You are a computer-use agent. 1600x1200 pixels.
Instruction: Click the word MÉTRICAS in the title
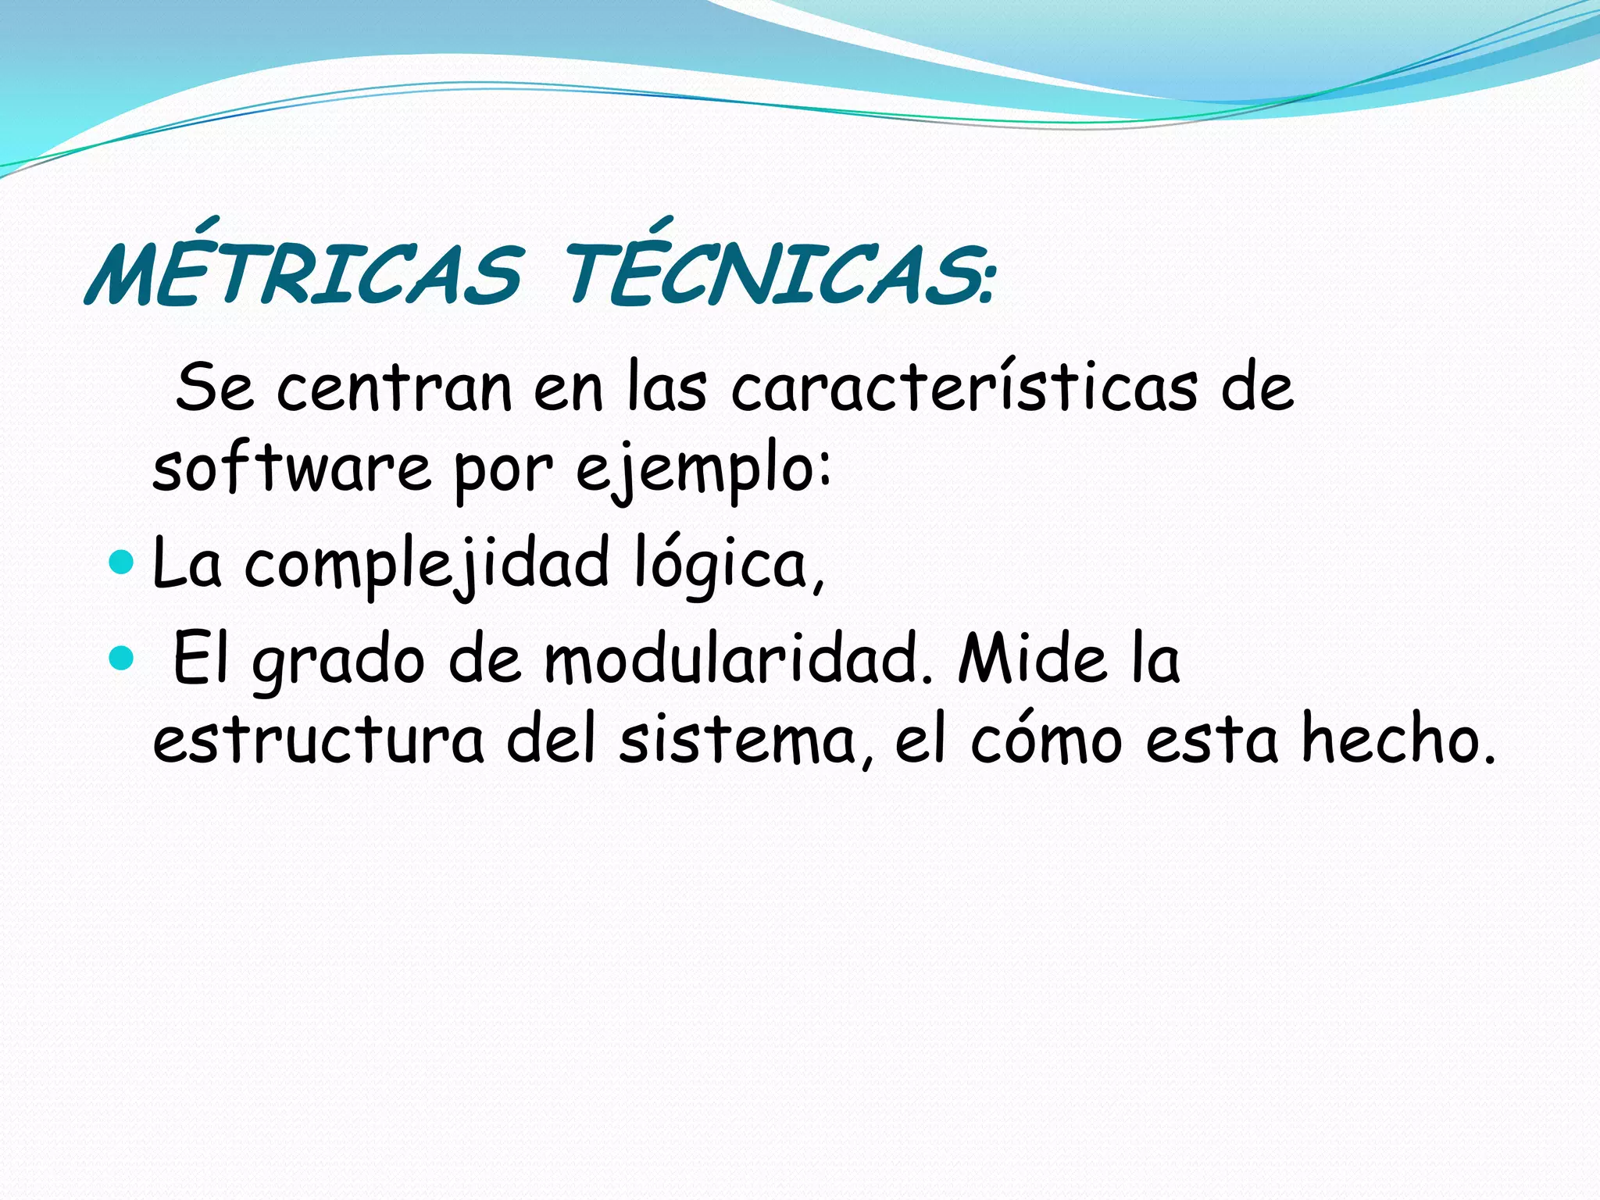tap(305, 273)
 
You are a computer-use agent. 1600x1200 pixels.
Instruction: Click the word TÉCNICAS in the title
tap(770, 273)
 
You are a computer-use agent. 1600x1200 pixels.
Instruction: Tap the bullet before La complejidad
tap(123, 562)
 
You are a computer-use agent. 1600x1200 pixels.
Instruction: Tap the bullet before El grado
tap(123, 658)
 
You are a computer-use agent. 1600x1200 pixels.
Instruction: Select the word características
tap(964, 387)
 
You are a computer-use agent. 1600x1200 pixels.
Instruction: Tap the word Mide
tap(1032, 659)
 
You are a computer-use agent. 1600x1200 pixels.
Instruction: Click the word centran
tap(395, 387)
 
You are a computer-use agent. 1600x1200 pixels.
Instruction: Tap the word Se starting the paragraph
tap(215, 387)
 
